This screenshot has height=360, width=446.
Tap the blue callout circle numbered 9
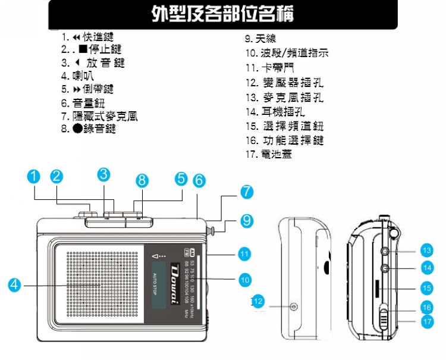coord(246,221)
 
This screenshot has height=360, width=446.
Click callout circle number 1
coord(34,177)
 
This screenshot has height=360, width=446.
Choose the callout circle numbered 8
coord(141,180)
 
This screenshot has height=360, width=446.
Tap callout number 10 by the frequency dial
coord(244,278)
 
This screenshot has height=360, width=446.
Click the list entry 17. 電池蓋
coord(269,154)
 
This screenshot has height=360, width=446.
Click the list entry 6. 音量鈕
coord(83,102)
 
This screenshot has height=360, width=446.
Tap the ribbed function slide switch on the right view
coord(384,318)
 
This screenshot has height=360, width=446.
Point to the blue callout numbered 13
coord(426,251)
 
